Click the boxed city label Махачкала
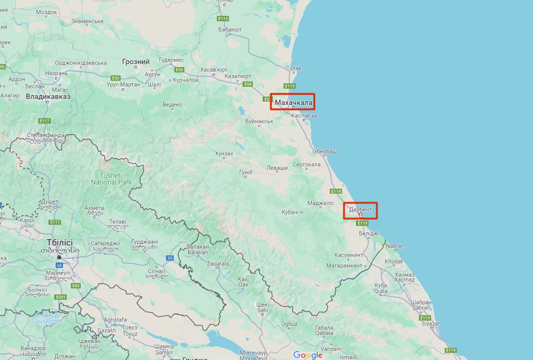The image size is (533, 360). (x=294, y=102)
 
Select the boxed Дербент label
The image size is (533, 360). (x=360, y=210)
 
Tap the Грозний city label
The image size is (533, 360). (x=136, y=62)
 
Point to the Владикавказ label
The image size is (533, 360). (x=48, y=97)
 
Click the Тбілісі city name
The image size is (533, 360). (x=60, y=242)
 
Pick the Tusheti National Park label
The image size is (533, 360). (x=111, y=179)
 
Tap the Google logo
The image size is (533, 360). (x=308, y=355)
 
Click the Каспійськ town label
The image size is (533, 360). (x=304, y=115)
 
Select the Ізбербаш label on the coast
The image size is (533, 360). (x=324, y=151)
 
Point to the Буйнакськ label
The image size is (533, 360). (x=259, y=121)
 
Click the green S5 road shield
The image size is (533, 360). (x=170, y=258)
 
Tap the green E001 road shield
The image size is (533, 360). (x=61, y=297)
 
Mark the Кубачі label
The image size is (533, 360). (x=290, y=212)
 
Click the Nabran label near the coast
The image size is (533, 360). (x=395, y=246)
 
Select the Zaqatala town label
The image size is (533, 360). (x=218, y=264)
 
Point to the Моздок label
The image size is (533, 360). (x=46, y=12)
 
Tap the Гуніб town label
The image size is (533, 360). (x=243, y=172)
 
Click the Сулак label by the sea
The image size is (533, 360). (x=294, y=68)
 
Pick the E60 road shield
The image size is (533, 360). (x=76, y=286)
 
